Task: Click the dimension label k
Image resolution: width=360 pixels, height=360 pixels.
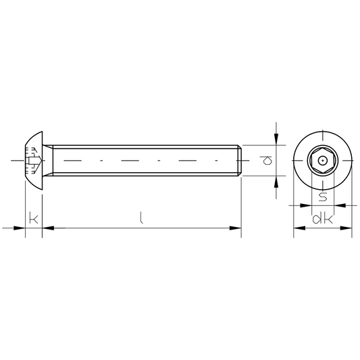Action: (x=34, y=220)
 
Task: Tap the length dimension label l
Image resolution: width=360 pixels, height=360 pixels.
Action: (x=141, y=217)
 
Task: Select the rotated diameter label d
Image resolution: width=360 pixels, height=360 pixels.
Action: (x=266, y=161)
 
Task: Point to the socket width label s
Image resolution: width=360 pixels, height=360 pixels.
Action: (x=323, y=197)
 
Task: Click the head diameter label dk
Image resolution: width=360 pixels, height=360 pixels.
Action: (x=322, y=220)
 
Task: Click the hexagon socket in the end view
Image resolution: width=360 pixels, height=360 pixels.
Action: (x=323, y=161)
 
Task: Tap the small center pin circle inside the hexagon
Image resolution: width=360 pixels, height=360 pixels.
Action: (x=323, y=161)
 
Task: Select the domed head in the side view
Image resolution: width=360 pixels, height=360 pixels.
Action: (x=34, y=161)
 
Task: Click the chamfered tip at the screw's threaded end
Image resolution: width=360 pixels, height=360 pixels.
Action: (x=239, y=161)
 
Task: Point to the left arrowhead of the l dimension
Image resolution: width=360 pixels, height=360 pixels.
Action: (x=48, y=228)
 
